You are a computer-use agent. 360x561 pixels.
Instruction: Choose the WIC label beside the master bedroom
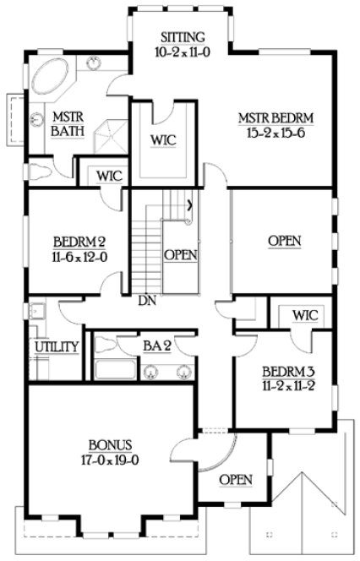[x=162, y=139]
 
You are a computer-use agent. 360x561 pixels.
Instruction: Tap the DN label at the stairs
[x=147, y=300]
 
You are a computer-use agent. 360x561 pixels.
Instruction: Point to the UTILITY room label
[x=57, y=347]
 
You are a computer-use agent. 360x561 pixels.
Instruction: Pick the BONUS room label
[x=109, y=446]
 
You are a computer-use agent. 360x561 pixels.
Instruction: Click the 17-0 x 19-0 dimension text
[x=109, y=461]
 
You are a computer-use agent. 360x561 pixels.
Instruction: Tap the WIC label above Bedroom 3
[x=304, y=315]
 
